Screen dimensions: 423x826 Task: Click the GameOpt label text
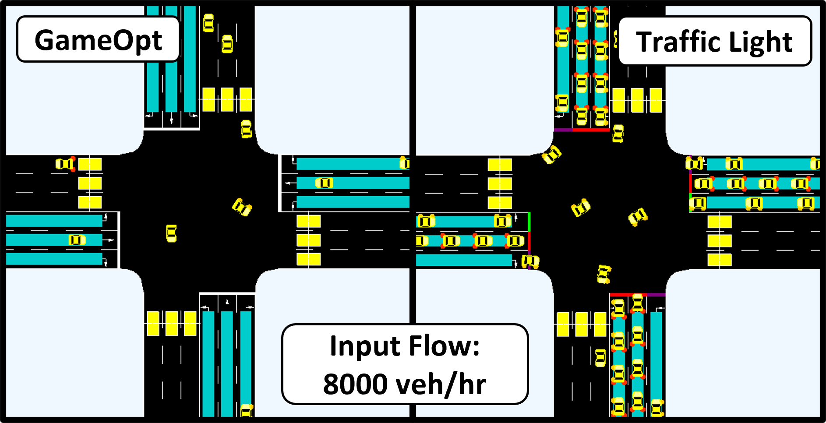coord(98,40)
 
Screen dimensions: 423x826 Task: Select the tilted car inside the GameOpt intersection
coord(242,207)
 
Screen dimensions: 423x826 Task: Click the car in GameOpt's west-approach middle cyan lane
coord(77,240)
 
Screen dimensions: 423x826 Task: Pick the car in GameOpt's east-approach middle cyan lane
coord(324,183)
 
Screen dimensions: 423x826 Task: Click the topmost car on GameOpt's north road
coord(208,23)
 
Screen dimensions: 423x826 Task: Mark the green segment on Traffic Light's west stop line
coord(529,222)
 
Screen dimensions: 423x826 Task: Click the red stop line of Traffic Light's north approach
coord(591,130)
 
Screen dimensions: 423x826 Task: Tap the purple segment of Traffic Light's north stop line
coord(563,130)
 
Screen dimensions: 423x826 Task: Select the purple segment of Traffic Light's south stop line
coord(656,295)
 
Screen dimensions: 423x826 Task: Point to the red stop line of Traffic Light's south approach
coord(628,295)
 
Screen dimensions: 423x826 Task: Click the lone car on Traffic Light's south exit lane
coord(600,358)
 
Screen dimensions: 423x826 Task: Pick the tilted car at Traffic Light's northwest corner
coord(551,154)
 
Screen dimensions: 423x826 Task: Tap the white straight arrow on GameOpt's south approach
coord(227,302)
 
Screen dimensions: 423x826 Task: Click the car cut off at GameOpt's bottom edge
coord(247,410)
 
